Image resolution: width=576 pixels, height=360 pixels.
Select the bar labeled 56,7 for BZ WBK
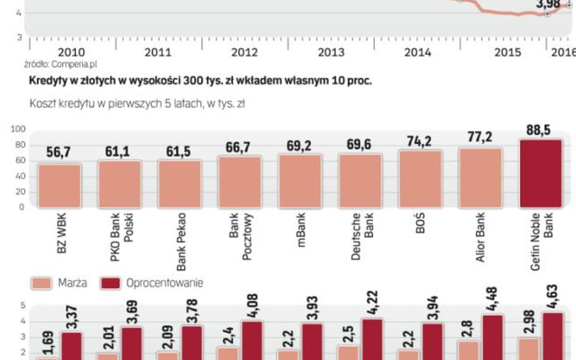coord(59,186)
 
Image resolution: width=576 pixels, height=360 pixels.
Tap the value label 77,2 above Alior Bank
coord(479,137)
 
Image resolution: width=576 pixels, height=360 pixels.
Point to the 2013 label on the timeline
coord(331,52)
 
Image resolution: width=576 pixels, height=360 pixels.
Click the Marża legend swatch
coord(41,283)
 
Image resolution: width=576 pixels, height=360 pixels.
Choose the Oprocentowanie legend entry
coord(152,283)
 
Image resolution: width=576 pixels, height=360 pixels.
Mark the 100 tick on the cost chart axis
coord(18,129)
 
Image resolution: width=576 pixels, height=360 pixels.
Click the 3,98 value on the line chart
coord(548,4)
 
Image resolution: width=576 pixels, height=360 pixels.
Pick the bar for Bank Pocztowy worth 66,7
coord(239,182)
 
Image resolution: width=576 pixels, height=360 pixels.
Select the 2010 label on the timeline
coord(71,52)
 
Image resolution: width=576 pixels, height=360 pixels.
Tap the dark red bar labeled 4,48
coord(494,337)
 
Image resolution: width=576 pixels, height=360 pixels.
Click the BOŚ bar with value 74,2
coord(420,178)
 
